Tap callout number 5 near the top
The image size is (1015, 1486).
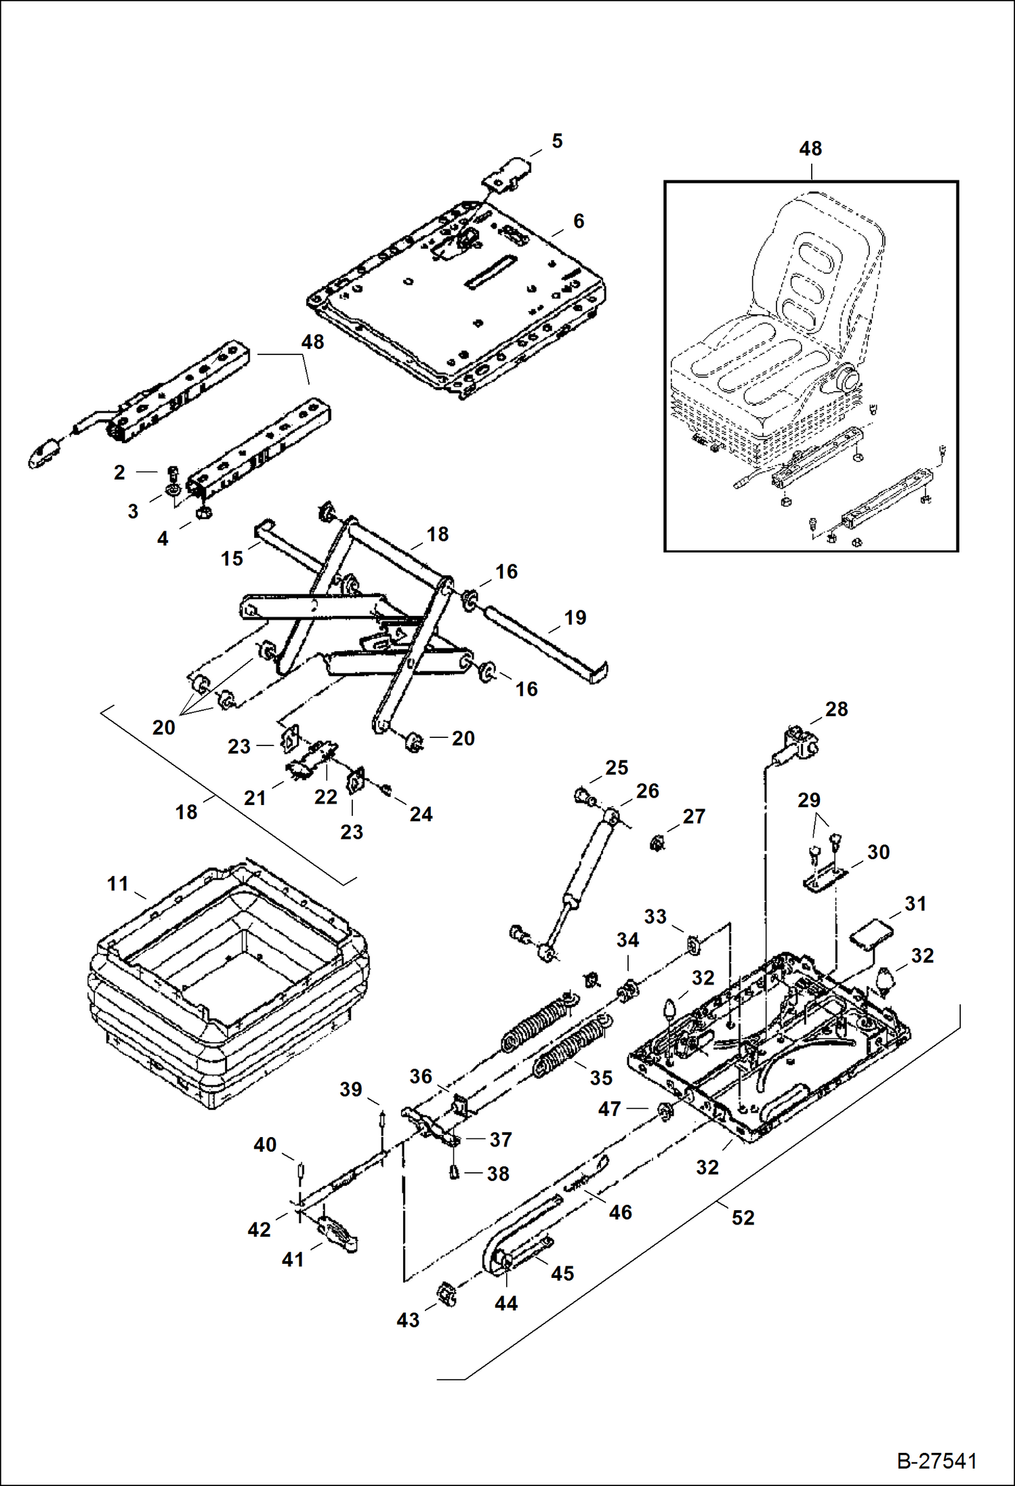click(557, 141)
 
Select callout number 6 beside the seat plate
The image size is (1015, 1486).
click(578, 221)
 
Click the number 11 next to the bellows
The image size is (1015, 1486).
click(117, 884)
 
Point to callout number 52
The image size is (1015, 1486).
click(743, 1217)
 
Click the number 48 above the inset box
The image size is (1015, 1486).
click(810, 148)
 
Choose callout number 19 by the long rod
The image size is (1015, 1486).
click(575, 617)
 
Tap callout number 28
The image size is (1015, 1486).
click(836, 709)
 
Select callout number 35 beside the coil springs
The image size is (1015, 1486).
click(601, 1077)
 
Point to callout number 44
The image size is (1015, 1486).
click(505, 1303)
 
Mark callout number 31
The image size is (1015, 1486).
click(915, 903)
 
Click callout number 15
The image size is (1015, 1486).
click(232, 558)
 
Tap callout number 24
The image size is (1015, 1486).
click(420, 814)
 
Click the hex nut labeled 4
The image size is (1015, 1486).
click(201, 514)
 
